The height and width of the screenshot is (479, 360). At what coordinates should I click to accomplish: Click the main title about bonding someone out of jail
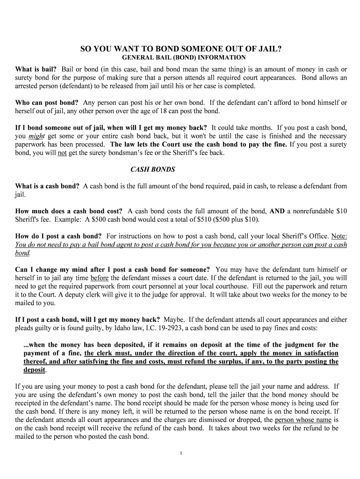(x=180, y=49)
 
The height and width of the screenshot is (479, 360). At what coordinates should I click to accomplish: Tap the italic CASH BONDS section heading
(x=152, y=169)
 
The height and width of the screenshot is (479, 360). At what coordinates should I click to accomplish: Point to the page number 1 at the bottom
(x=180, y=453)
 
